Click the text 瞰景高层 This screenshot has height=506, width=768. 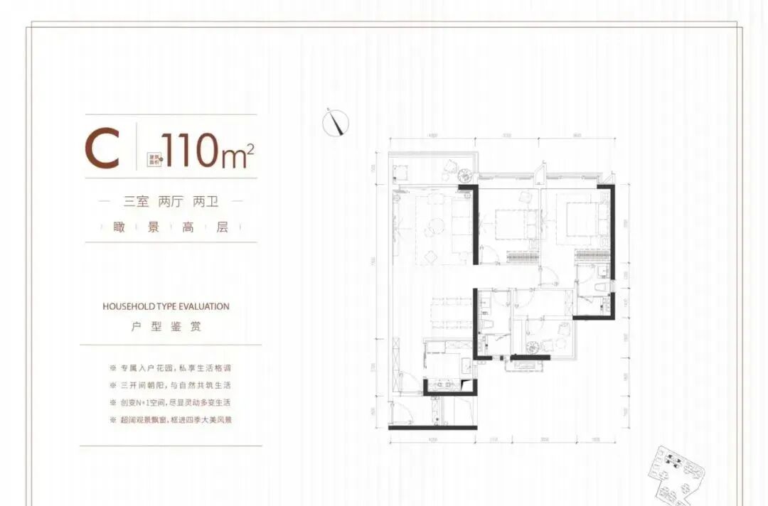tap(171, 227)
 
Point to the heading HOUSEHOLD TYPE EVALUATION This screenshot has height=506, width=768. tap(166, 307)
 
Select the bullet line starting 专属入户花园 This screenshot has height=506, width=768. tap(171, 369)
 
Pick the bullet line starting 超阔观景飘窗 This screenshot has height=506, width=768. tap(171, 420)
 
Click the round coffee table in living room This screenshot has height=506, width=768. tap(433, 229)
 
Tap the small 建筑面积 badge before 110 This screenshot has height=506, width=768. tap(154, 158)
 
